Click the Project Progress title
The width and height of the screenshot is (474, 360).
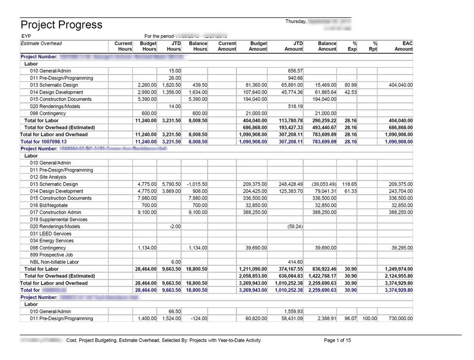coord(61,25)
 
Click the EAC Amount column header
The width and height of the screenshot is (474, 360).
coord(404,46)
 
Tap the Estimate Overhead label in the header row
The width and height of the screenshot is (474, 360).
coord(41,44)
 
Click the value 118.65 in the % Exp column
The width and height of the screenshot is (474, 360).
coord(350,184)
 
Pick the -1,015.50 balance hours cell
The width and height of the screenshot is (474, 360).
coord(196,184)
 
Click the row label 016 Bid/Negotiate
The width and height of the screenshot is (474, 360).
coord(49,205)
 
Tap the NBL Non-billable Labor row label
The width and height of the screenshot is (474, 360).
coord(55,262)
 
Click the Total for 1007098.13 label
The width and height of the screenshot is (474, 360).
coord(44,142)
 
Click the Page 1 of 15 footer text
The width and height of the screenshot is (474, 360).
coord(337,341)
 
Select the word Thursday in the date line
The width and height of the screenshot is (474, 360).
coord(296,21)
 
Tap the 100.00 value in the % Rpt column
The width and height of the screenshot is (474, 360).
coord(369,319)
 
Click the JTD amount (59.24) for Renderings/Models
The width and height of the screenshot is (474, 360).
coord(295,227)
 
